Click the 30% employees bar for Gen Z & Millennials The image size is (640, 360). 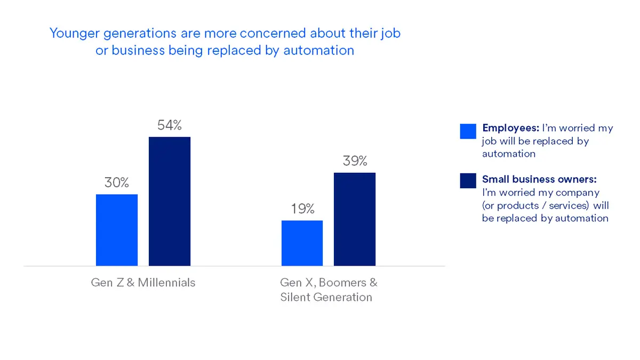click(117, 230)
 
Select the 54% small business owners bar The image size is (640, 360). click(170, 201)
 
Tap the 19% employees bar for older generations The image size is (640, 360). click(302, 243)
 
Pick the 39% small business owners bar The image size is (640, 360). click(355, 219)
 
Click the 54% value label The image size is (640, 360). click(170, 125)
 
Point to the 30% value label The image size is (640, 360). click(117, 182)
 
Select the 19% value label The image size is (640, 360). click(302, 209)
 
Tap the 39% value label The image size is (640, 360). click(355, 161)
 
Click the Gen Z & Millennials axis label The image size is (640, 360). click(143, 282)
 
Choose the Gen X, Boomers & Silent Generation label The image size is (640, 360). click(328, 290)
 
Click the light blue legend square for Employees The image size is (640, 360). click(468, 131)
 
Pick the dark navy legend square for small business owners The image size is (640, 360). click(468, 180)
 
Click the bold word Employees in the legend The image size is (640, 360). click(510, 128)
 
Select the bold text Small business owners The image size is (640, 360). click(539, 179)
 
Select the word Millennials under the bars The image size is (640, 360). click(166, 282)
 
